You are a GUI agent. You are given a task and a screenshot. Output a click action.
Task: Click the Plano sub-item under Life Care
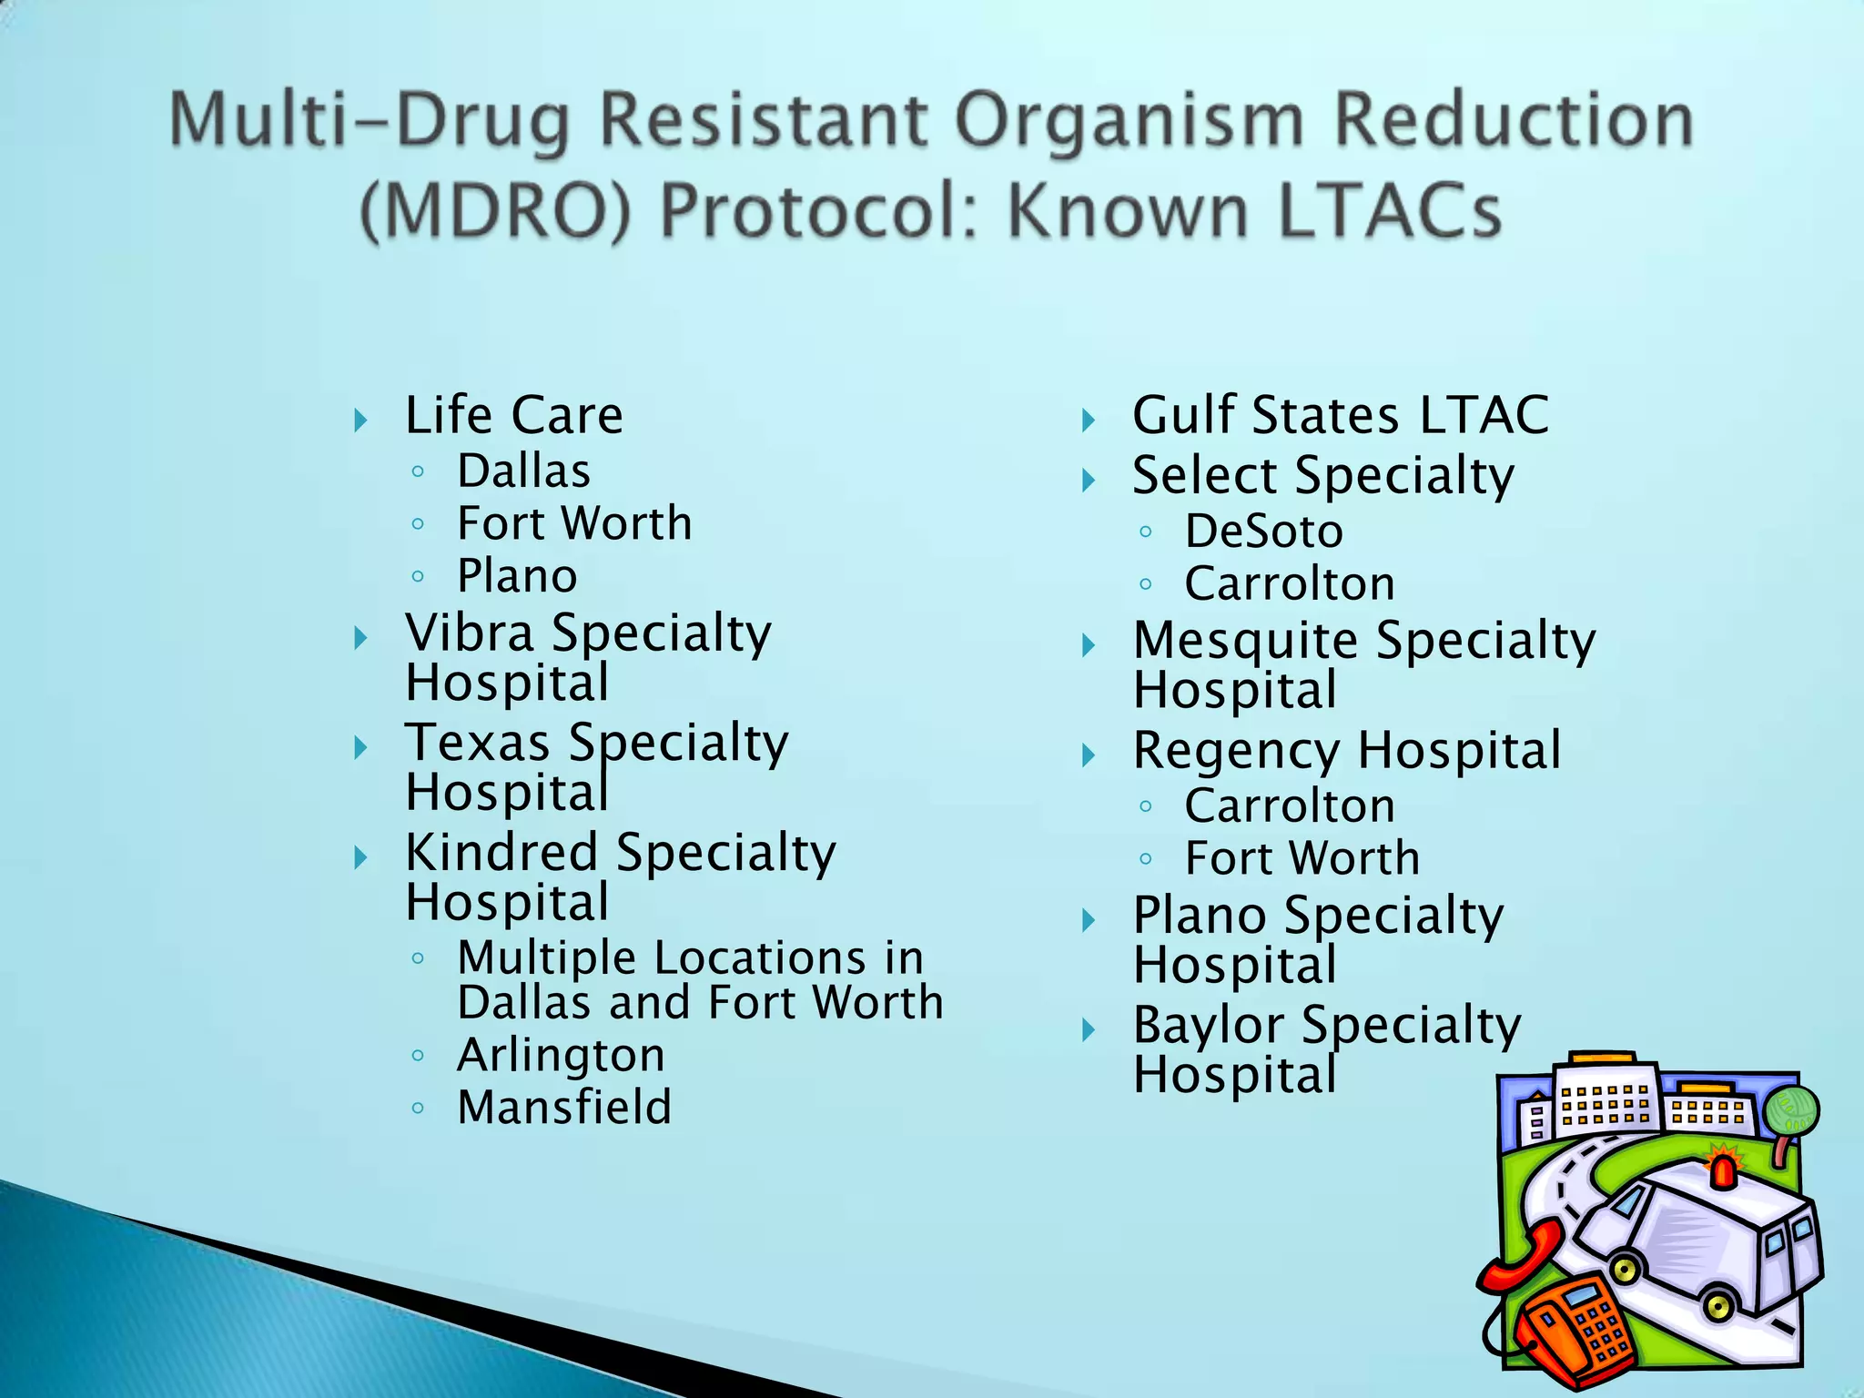click(x=517, y=576)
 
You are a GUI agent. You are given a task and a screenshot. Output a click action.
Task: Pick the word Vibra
click(x=470, y=633)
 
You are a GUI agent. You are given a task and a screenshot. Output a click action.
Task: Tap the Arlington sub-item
click(x=561, y=1056)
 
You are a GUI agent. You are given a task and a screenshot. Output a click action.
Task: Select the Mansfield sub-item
click(x=564, y=1108)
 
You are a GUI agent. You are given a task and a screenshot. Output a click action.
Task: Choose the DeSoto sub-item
click(x=1263, y=532)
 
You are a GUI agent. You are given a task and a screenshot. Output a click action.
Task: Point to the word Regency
click(x=1236, y=752)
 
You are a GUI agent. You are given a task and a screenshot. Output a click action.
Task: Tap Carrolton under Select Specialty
click(x=1289, y=583)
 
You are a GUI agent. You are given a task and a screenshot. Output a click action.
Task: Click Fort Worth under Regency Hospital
click(x=1302, y=858)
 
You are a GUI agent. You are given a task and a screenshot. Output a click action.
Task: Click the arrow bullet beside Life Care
click(x=361, y=420)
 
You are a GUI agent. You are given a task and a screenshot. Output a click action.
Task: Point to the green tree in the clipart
click(x=1790, y=1112)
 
